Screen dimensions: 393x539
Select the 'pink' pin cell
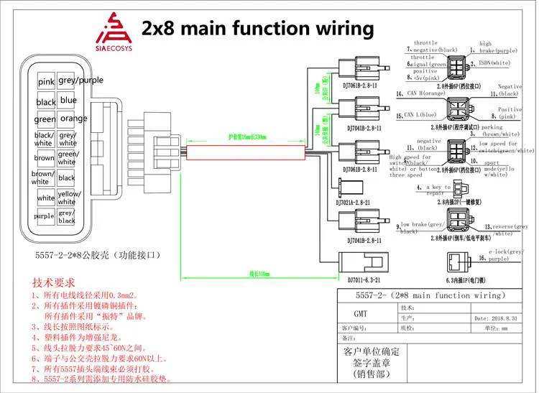click(x=46, y=83)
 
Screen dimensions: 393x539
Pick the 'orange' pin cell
click(x=74, y=119)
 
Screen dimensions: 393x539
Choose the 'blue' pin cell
click(x=68, y=101)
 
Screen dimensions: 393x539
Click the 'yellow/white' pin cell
click(x=69, y=197)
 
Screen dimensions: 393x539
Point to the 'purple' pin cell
click(x=44, y=216)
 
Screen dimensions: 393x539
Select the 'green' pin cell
click(x=45, y=120)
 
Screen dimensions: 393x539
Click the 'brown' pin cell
click(x=44, y=158)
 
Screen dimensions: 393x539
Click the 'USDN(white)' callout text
click(x=495, y=63)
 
